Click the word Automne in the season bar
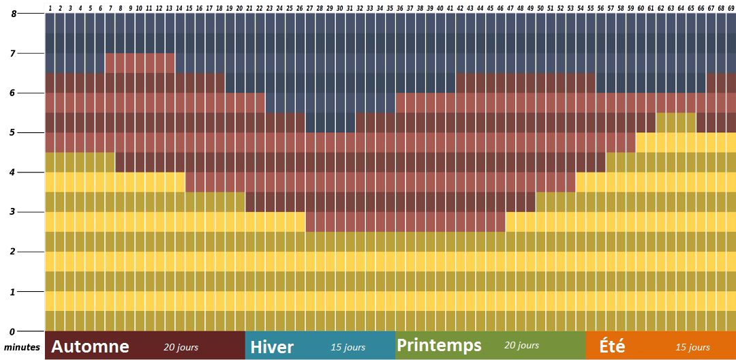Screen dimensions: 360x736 coord(90,346)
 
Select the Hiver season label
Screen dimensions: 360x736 coord(272,347)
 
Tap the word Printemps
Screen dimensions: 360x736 coord(439,345)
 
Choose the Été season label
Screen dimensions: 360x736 coord(612,346)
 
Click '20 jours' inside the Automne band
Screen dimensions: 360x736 coord(181,347)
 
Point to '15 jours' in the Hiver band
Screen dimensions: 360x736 coord(348,348)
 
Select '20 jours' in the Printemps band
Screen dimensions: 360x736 coord(521,346)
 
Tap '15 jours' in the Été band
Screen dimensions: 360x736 coord(692,348)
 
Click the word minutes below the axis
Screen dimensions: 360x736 coord(22,347)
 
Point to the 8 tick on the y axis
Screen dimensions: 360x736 coord(13,14)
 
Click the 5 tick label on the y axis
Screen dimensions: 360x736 coord(13,133)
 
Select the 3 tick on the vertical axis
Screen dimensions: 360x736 coord(13,212)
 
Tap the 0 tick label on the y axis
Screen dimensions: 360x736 coord(13,331)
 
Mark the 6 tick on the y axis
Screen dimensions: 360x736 coord(13,93)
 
